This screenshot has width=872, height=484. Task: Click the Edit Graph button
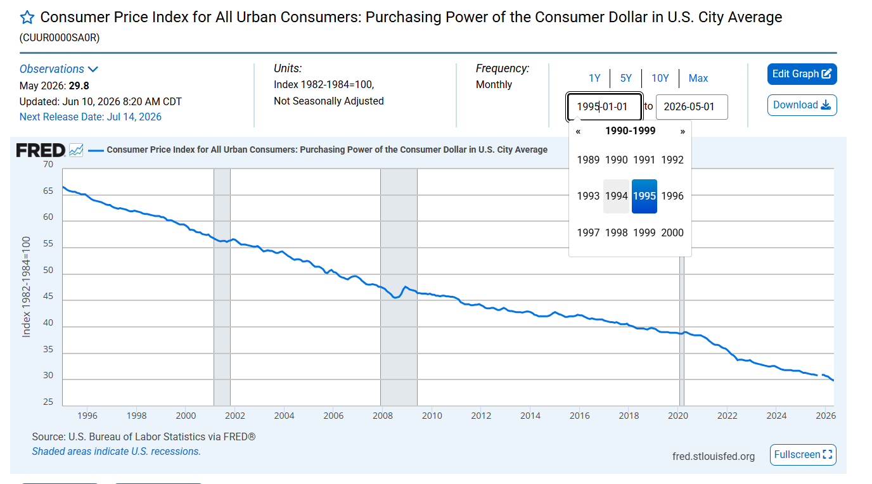(x=802, y=74)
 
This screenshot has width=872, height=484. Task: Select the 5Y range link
(x=625, y=78)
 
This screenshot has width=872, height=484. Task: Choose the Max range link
(x=698, y=78)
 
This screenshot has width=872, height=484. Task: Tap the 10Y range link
(x=660, y=78)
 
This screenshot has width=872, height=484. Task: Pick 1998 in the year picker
(x=616, y=232)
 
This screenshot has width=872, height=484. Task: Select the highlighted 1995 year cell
(x=644, y=196)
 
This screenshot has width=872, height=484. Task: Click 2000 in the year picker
(x=672, y=232)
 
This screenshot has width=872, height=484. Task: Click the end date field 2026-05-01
(x=692, y=106)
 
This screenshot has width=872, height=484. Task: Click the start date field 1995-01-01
(x=604, y=106)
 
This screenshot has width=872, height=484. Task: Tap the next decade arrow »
(x=683, y=132)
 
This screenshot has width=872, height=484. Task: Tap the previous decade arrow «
(x=578, y=132)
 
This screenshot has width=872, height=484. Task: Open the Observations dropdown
(x=58, y=69)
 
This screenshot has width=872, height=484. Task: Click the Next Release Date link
(x=91, y=117)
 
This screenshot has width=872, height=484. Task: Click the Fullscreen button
(x=803, y=455)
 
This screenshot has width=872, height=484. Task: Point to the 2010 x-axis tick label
(x=432, y=416)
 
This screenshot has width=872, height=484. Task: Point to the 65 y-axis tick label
(x=48, y=191)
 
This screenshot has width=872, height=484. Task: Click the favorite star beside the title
(x=27, y=18)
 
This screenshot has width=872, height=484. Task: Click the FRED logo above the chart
(x=41, y=150)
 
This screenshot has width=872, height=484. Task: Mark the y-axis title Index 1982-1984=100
(x=26, y=287)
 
